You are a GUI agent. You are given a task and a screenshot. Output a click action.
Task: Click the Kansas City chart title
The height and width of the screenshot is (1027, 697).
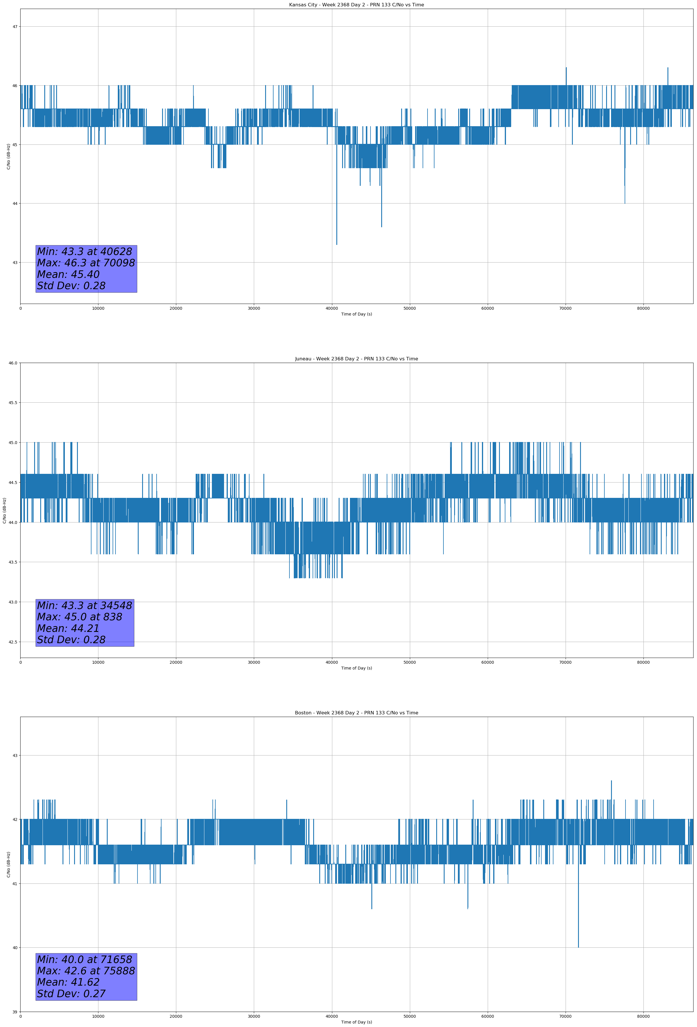[x=356, y=5]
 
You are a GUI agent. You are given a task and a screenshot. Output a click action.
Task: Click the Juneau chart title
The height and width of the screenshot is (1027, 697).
[x=356, y=359]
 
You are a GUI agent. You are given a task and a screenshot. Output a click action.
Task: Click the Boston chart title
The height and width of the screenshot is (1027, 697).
[x=356, y=713]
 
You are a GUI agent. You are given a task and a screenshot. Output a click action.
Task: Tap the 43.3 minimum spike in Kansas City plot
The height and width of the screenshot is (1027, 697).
[x=337, y=243]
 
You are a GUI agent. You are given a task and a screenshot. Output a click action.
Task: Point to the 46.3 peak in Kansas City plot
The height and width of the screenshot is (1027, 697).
[x=566, y=69]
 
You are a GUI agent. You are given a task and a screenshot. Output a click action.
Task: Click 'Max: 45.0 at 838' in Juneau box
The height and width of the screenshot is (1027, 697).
[x=80, y=617]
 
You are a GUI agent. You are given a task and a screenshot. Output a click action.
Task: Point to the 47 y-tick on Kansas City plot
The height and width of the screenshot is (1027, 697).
[x=15, y=27]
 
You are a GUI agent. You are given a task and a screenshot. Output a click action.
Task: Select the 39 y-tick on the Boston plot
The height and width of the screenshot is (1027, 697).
[x=15, y=1012]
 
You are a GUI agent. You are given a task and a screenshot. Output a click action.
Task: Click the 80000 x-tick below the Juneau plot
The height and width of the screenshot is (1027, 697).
[x=643, y=662]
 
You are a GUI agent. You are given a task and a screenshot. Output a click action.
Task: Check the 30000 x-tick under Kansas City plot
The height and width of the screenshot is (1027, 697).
[x=254, y=309]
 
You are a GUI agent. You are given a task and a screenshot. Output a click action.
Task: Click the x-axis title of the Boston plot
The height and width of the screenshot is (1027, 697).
[x=356, y=1022]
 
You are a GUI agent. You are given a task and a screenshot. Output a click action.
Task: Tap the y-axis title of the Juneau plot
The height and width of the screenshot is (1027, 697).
[x=4, y=510]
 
